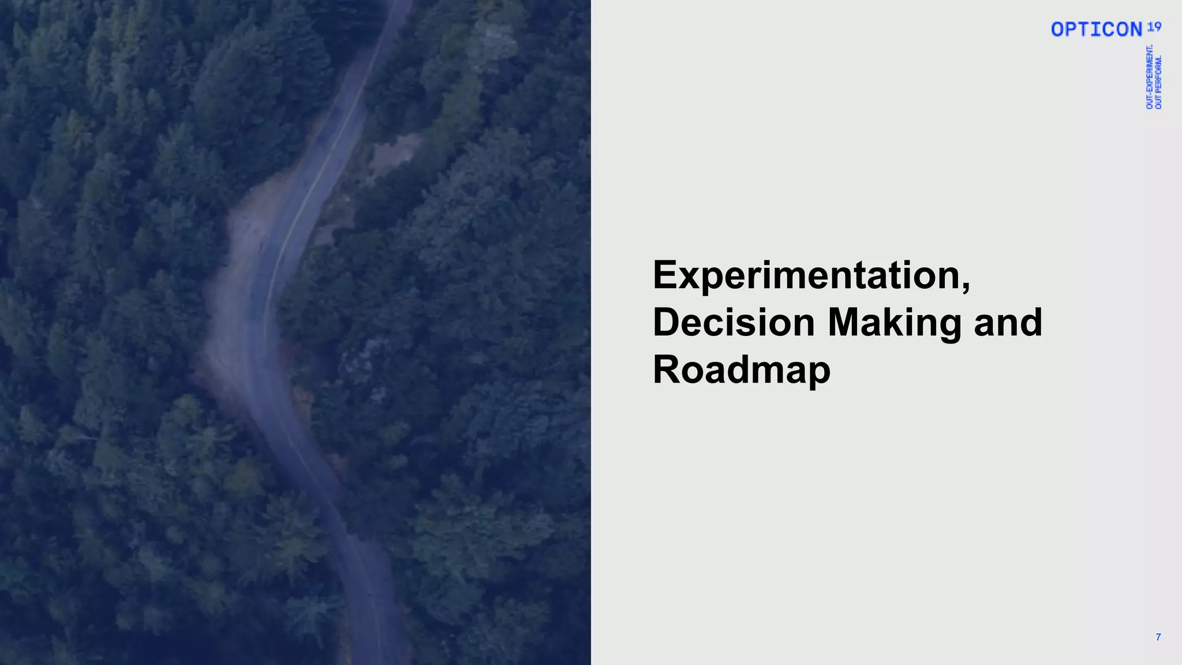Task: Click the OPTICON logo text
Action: click(x=1096, y=29)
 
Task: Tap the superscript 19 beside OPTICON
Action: click(x=1154, y=27)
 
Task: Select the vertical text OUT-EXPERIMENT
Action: click(x=1150, y=77)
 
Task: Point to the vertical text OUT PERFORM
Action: click(x=1159, y=82)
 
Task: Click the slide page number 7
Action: click(x=1158, y=637)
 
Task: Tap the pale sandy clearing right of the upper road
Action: click(x=395, y=151)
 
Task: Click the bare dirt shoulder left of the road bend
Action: click(x=231, y=335)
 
